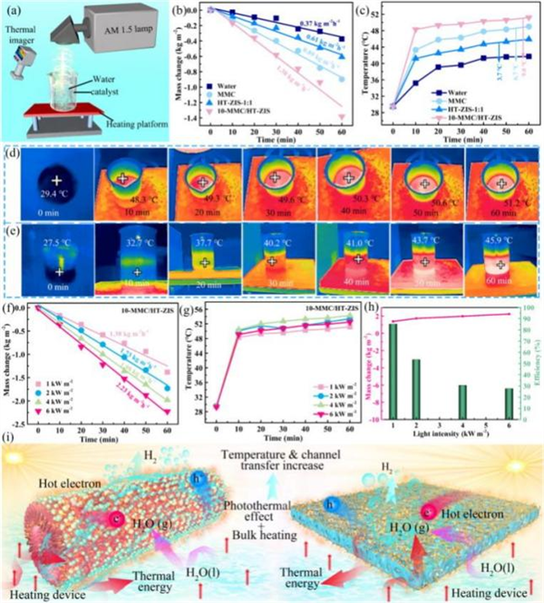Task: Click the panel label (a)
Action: tap(12, 11)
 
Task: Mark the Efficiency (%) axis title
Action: tap(536, 363)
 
